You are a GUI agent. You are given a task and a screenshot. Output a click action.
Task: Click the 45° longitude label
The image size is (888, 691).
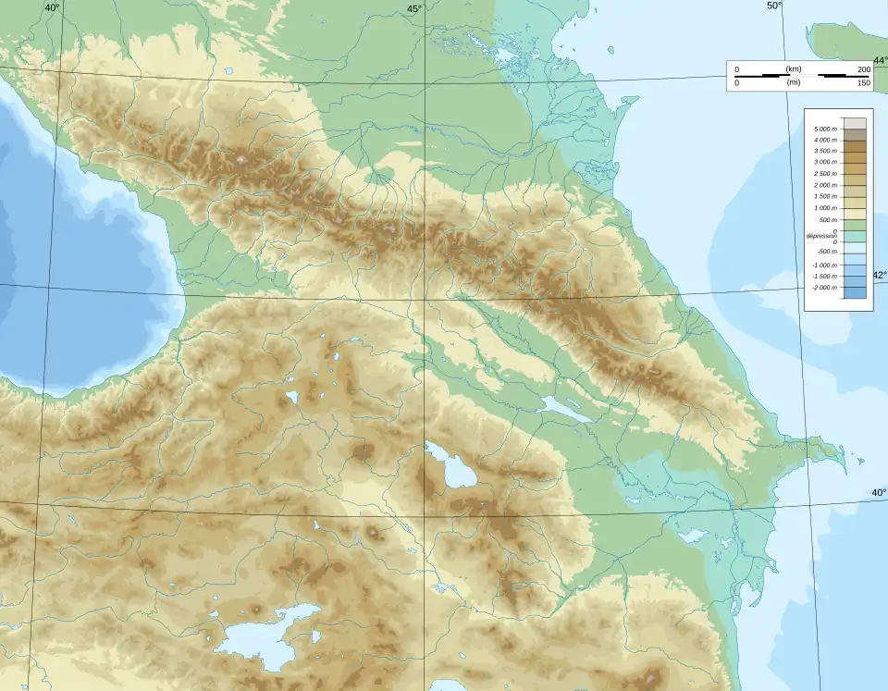(413, 8)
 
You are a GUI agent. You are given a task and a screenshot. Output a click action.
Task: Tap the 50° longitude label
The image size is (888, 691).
(774, 6)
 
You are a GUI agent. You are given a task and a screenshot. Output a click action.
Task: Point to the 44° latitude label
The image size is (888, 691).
(879, 60)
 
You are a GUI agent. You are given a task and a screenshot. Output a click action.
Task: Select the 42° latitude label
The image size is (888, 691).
(879, 275)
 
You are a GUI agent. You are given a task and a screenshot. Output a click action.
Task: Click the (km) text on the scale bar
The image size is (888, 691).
(793, 69)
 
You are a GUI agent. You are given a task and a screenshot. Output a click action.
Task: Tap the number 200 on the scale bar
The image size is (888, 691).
(864, 69)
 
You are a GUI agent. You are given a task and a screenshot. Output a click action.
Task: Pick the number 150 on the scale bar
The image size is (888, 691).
(864, 83)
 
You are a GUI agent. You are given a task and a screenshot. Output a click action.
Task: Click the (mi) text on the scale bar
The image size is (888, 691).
(793, 83)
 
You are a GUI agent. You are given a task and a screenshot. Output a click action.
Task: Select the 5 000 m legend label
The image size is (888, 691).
(826, 129)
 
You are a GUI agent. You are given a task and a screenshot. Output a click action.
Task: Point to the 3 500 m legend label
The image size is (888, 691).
(826, 151)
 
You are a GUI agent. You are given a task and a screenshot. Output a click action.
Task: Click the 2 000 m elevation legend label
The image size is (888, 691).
(826, 185)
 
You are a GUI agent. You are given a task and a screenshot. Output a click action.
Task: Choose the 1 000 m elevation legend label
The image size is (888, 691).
(826, 208)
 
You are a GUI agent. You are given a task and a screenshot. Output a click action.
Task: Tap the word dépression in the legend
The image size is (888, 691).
(821, 236)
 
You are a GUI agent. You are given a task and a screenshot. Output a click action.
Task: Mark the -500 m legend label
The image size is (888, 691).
(826, 253)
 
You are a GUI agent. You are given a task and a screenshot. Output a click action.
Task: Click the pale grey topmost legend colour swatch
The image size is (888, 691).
(855, 123)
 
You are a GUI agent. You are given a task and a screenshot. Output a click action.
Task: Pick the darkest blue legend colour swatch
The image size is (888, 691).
(855, 292)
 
